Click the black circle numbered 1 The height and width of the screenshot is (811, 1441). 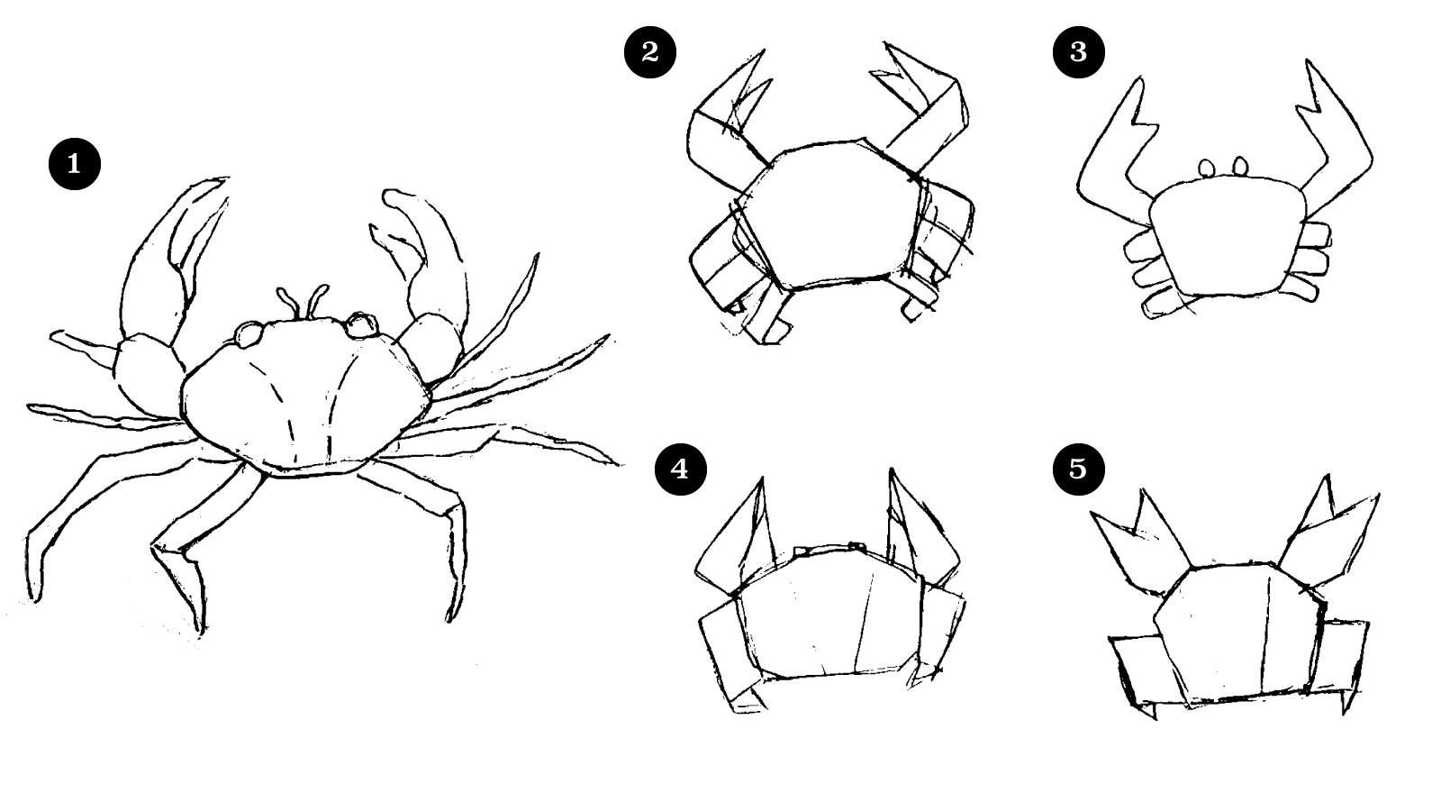[x=75, y=163]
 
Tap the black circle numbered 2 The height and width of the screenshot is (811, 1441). [x=649, y=51]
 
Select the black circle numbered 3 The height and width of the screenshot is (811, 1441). [x=1079, y=51]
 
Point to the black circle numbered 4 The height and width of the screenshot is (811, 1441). [x=680, y=469]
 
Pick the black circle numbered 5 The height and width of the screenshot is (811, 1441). [x=1079, y=469]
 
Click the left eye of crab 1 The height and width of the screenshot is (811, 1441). [x=249, y=334]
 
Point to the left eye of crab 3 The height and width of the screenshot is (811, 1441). [x=1207, y=168]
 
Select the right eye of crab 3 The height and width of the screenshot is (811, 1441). [x=1240, y=166]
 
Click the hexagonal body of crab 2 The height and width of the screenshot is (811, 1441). [x=829, y=215]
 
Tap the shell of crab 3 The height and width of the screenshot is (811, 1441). [x=1228, y=238]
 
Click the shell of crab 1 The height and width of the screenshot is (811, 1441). [x=305, y=396]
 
